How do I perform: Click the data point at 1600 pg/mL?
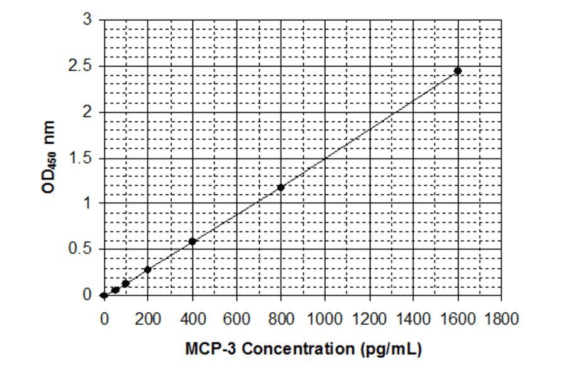coord(458,71)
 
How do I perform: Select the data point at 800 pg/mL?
coord(280,188)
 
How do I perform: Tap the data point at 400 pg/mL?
coord(192,242)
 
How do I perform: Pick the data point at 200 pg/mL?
coord(148,269)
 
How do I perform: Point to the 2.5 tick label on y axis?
coord(80,66)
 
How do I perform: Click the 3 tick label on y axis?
coord(87,20)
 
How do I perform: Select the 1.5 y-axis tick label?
coord(80,158)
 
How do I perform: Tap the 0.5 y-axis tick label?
coord(80,249)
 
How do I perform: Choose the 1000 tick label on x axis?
coord(325,319)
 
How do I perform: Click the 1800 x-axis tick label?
coord(501,319)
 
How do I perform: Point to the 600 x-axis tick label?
coord(236,319)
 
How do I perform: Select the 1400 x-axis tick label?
coord(413,319)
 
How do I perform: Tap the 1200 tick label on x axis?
coord(369,319)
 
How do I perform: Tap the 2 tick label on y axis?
coord(87,112)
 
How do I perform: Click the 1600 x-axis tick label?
coord(457,319)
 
